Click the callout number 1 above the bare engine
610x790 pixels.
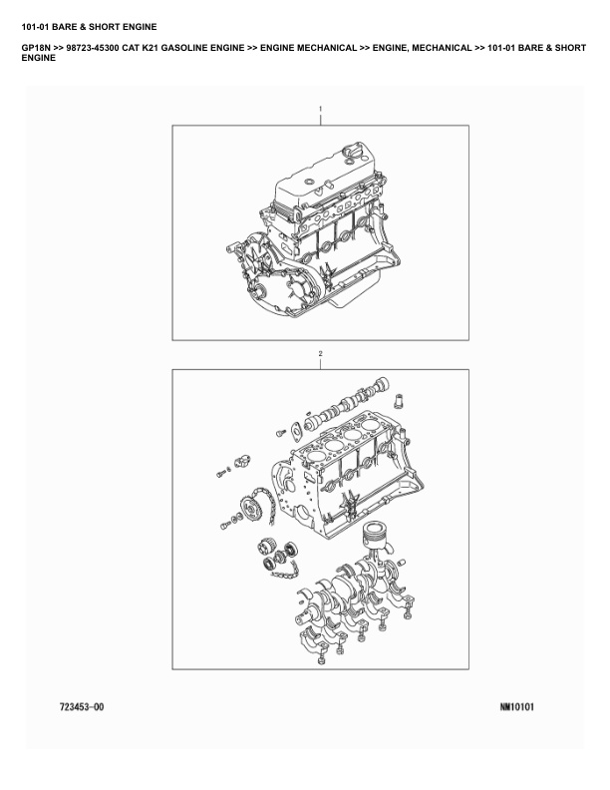click(x=320, y=109)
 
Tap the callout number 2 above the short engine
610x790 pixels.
click(x=320, y=354)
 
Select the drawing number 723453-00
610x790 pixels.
click(x=82, y=707)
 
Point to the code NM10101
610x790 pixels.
click(x=517, y=707)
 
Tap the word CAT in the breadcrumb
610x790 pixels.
click(x=131, y=48)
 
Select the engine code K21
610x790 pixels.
click(x=149, y=48)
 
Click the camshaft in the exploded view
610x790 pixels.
click(x=347, y=402)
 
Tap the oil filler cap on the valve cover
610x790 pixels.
click(x=349, y=152)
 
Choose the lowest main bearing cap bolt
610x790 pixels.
click(x=321, y=659)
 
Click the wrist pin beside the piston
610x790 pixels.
click(x=401, y=562)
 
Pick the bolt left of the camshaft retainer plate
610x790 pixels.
click(x=281, y=433)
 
